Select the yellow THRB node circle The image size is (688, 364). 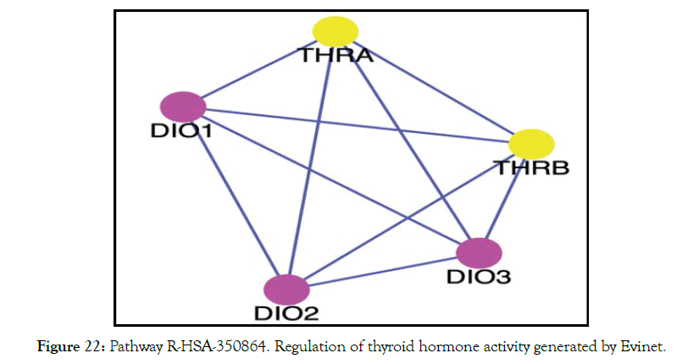[531, 143]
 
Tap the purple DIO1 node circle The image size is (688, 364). [184, 107]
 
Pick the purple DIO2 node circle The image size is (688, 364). [286, 289]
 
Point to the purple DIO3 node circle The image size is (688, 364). [480, 252]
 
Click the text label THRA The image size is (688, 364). [336, 56]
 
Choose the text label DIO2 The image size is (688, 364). [286, 315]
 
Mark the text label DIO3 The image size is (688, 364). [480, 276]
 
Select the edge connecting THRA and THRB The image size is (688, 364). [434, 87]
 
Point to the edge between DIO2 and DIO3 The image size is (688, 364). [383, 271]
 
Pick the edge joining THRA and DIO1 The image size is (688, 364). [259, 69]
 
